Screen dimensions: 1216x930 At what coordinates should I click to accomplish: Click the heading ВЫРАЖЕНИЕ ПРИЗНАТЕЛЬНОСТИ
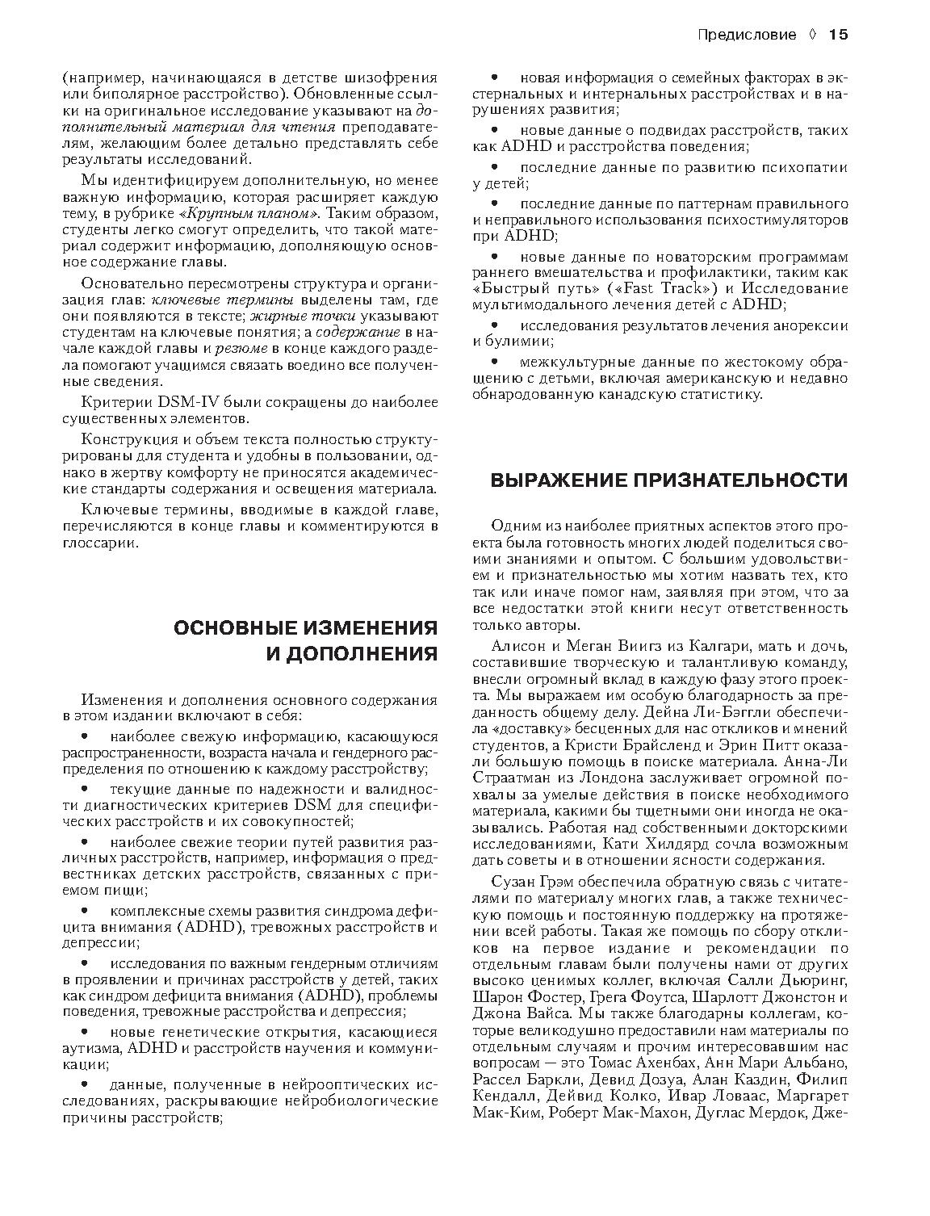669,480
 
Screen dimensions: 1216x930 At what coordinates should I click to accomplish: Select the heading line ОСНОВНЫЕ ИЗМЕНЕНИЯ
306,628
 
